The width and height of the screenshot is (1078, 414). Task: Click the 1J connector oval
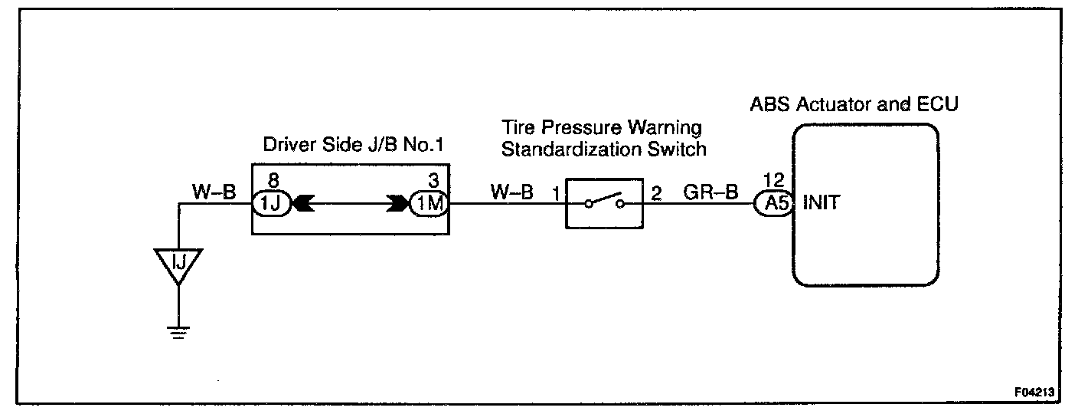point(271,205)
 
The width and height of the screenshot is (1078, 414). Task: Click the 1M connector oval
point(428,205)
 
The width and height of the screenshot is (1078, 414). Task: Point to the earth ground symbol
point(178,331)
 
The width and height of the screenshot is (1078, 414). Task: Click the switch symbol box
point(604,204)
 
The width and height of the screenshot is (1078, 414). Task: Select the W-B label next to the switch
point(512,192)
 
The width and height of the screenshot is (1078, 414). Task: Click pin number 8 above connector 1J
point(272,181)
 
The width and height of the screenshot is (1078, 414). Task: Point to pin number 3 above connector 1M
point(433,181)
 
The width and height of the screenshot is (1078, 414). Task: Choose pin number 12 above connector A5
point(773,181)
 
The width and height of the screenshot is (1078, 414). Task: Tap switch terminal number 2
point(656,192)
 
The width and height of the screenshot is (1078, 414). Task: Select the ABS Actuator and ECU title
point(853,103)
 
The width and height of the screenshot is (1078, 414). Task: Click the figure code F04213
point(1035,393)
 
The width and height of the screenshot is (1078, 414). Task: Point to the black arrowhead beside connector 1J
point(301,205)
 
